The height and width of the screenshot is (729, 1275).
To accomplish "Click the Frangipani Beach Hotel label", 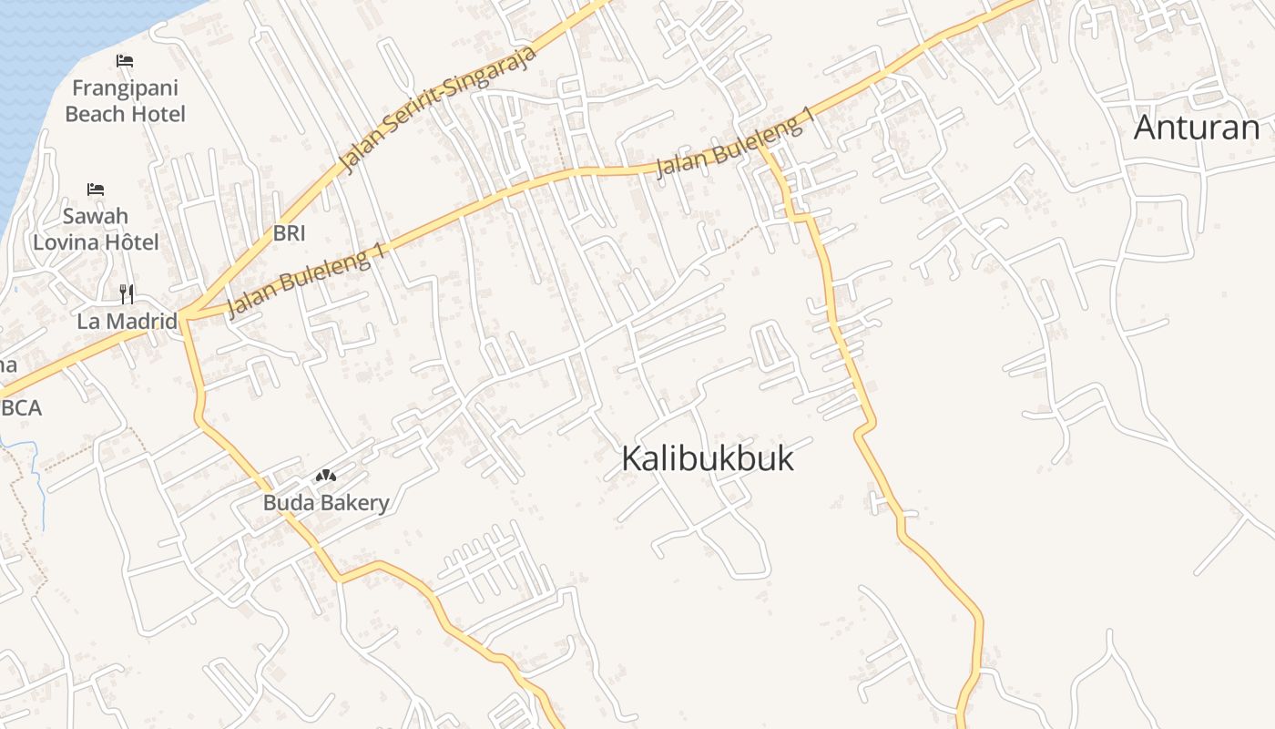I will (125, 101).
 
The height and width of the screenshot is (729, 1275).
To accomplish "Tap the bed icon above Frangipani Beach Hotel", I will (125, 61).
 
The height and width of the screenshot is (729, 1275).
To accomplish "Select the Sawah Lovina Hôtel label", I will (96, 229).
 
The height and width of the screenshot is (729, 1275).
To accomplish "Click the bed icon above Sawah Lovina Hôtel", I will (96, 190).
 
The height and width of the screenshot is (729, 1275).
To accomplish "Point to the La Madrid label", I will (127, 321).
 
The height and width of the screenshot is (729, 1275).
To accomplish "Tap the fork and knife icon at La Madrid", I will (127, 293).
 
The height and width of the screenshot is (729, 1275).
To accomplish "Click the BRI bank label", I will (289, 233).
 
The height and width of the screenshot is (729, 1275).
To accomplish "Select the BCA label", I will (22, 408).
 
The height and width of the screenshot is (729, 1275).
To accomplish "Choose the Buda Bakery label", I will (326, 502).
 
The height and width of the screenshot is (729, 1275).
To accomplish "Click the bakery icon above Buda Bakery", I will (326, 476).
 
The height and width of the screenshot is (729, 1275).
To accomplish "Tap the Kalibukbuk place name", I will (708, 458).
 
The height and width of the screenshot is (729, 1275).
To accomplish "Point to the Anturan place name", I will (1197, 128).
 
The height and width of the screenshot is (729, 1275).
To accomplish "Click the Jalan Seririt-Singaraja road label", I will (438, 108).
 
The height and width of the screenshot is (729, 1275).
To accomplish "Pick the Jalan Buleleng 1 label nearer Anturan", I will (734, 145).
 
